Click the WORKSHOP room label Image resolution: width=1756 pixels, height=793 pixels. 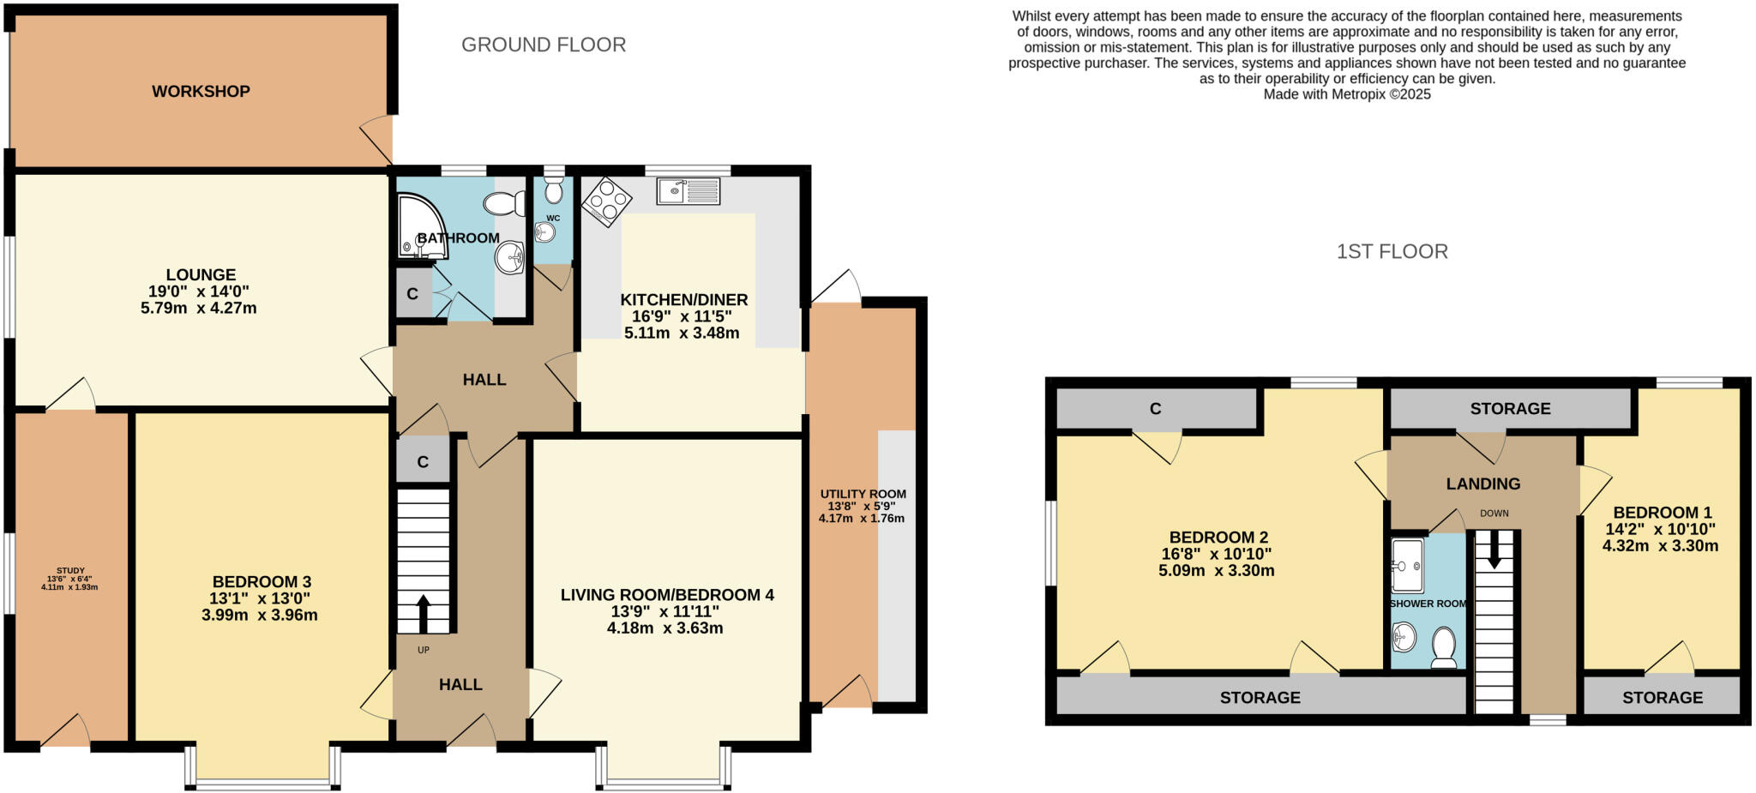coord(201,91)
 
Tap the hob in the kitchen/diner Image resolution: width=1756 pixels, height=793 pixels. coord(606,201)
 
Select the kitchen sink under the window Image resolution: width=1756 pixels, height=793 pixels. coord(688,190)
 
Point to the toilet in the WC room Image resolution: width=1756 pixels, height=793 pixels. coord(553,189)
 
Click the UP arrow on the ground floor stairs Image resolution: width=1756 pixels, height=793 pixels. coord(423,614)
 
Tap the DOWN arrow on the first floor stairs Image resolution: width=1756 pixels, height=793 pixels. coord(1494,549)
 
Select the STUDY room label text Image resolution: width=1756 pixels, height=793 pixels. coord(70,570)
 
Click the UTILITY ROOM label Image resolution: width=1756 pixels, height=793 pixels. coord(863,494)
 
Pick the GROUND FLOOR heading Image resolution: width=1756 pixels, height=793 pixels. coord(544,45)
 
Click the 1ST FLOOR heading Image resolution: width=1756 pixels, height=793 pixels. coord(1392,251)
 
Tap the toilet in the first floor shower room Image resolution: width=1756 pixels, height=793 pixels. coord(1444,646)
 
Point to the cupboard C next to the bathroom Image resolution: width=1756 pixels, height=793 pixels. coord(412,294)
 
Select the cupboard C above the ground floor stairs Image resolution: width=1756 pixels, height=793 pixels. coord(423,461)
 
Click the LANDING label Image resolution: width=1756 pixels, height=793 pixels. coord(1482,484)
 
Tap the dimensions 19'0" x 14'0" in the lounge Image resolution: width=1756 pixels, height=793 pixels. coord(199,291)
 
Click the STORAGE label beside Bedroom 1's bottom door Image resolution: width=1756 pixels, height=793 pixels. coord(1662,697)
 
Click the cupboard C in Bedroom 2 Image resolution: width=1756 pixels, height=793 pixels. coord(1155,408)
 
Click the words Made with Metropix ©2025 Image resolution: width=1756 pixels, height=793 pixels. coord(1346,94)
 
